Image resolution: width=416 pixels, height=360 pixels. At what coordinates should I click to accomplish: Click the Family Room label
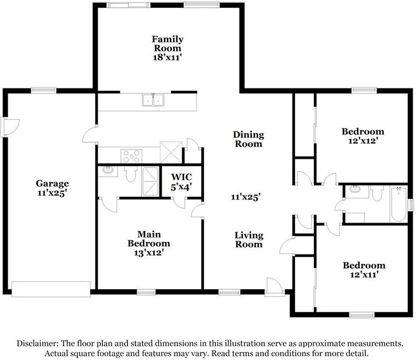[x=168, y=48]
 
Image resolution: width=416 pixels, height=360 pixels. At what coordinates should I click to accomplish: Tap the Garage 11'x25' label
[x=52, y=188]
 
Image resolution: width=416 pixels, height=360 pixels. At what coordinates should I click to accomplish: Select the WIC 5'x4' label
[x=181, y=182]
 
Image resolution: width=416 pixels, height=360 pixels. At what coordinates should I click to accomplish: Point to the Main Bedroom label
[x=148, y=243]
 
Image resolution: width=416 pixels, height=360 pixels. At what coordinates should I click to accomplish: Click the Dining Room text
[x=248, y=139]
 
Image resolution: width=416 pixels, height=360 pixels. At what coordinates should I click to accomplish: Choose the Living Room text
[x=249, y=240]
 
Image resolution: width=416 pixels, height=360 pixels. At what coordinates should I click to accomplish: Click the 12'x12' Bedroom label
[x=363, y=136]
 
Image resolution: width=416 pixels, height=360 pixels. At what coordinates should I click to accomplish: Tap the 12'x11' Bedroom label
[x=364, y=269]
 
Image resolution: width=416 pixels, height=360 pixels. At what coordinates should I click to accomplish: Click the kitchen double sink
[x=153, y=100]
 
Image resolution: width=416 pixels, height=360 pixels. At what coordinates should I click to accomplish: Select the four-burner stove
[x=131, y=156]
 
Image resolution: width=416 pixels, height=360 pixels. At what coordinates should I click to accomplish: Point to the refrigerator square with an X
[x=171, y=152]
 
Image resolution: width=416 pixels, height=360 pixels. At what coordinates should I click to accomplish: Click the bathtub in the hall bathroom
[x=398, y=204]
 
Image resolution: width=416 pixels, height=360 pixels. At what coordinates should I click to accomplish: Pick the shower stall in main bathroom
[x=151, y=181]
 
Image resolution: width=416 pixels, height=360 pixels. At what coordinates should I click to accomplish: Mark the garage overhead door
[x=51, y=289]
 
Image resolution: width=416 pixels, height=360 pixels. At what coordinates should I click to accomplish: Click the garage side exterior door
[x=10, y=128]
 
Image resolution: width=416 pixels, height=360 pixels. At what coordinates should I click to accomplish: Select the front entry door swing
[x=275, y=286]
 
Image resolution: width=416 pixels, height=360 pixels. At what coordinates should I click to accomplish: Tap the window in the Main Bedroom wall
[x=146, y=292]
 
